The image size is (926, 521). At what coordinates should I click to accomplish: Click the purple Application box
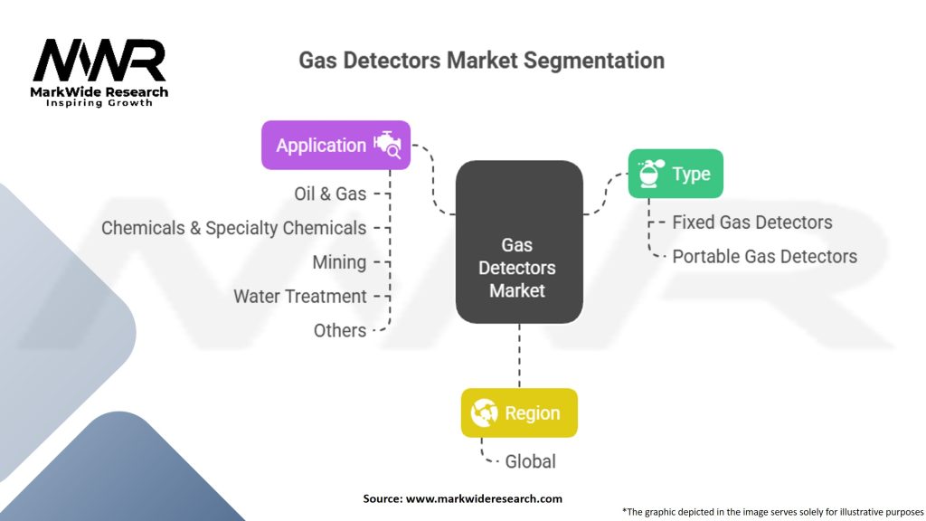pos(335,146)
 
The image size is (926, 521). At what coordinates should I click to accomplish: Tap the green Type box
pos(676,174)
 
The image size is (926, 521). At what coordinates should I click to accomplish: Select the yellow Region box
pos(519,412)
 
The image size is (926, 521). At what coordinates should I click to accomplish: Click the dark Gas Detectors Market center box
pos(519,242)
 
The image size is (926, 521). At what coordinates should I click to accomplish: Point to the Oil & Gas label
pos(330,194)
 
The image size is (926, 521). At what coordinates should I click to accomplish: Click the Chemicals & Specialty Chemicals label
pos(234,228)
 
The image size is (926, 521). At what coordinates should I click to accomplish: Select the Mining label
pos(340,262)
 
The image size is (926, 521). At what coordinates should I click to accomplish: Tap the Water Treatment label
pos(300,297)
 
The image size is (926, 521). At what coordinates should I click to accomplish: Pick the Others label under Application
pos(340,331)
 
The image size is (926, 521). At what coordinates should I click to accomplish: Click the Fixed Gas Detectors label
pos(752,223)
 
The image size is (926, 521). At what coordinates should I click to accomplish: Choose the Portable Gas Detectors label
pos(765,256)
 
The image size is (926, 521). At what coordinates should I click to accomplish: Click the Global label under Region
pos(530,461)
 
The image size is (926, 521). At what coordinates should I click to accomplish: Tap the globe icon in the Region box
pos(485,412)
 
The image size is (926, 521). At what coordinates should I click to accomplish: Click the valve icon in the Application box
pos(387,145)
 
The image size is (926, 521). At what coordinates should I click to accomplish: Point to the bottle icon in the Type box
pos(651,174)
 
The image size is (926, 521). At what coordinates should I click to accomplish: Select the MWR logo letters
pos(99,61)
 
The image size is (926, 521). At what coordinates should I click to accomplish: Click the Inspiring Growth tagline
pos(99,103)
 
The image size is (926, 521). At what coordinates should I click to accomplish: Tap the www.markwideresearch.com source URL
pos(484,498)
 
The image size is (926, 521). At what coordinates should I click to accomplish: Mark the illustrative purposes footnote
pos(772,512)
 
